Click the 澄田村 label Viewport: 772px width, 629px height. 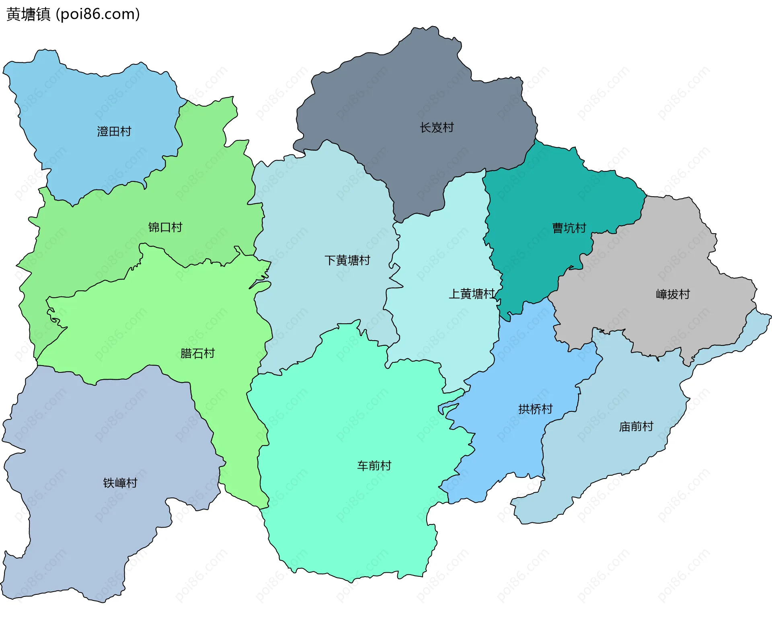click(114, 132)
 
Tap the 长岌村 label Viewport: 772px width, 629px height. click(437, 127)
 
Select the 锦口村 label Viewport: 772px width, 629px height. click(165, 227)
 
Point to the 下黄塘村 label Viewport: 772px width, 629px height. click(347, 260)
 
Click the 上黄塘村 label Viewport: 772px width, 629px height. click(472, 294)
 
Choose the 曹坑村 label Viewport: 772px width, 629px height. click(569, 228)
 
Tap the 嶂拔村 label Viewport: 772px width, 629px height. click(673, 294)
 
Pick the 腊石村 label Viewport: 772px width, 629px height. click(197, 354)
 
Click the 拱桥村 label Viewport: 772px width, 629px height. click(535, 409)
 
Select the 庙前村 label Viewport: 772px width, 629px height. click(636, 426)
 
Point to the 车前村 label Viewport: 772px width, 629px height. click(374, 466)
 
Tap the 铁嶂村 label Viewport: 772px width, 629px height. click(120, 483)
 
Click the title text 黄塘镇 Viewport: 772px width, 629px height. click(29, 14)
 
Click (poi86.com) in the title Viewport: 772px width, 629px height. click(98, 14)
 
